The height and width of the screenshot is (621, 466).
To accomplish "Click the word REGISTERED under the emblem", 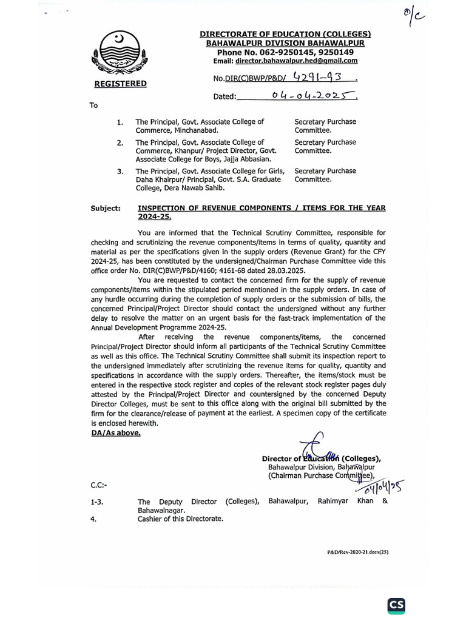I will [120, 84].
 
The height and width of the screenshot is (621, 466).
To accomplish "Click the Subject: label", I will [107, 208].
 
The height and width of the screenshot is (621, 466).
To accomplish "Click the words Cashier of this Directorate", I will [180, 519].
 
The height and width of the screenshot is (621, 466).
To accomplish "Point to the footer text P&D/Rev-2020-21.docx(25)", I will [357, 553].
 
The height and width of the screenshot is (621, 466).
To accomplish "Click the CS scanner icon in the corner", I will [396, 605].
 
